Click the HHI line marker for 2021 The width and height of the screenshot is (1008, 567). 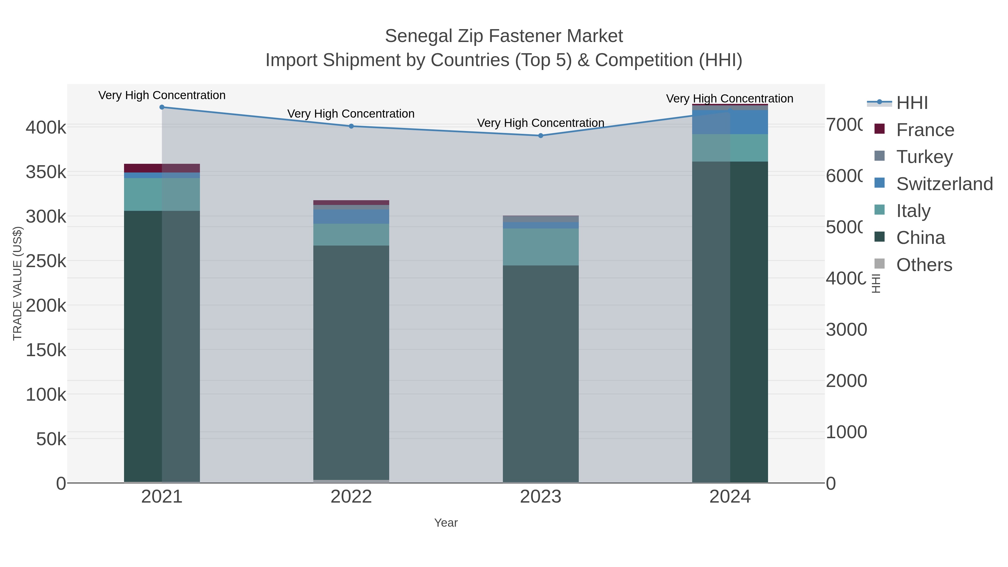click(x=162, y=107)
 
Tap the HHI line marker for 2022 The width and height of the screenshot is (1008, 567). click(x=351, y=126)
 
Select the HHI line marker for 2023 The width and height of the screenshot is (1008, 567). click(x=541, y=136)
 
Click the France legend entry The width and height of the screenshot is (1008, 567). click(x=925, y=130)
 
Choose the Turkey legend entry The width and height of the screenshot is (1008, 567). click(x=924, y=157)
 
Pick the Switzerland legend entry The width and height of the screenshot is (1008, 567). click(x=944, y=184)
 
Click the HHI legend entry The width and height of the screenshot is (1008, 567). click(x=912, y=103)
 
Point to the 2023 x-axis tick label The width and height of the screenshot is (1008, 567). click(x=540, y=497)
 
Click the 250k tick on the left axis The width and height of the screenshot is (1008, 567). click(x=46, y=261)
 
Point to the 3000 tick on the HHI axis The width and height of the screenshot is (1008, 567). click(x=846, y=330)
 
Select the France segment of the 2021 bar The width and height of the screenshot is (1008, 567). click(x=162, y=168)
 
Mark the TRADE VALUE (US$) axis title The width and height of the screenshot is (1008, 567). click(x=18, y=283)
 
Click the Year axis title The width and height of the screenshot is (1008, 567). click(x=446, y=523)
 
